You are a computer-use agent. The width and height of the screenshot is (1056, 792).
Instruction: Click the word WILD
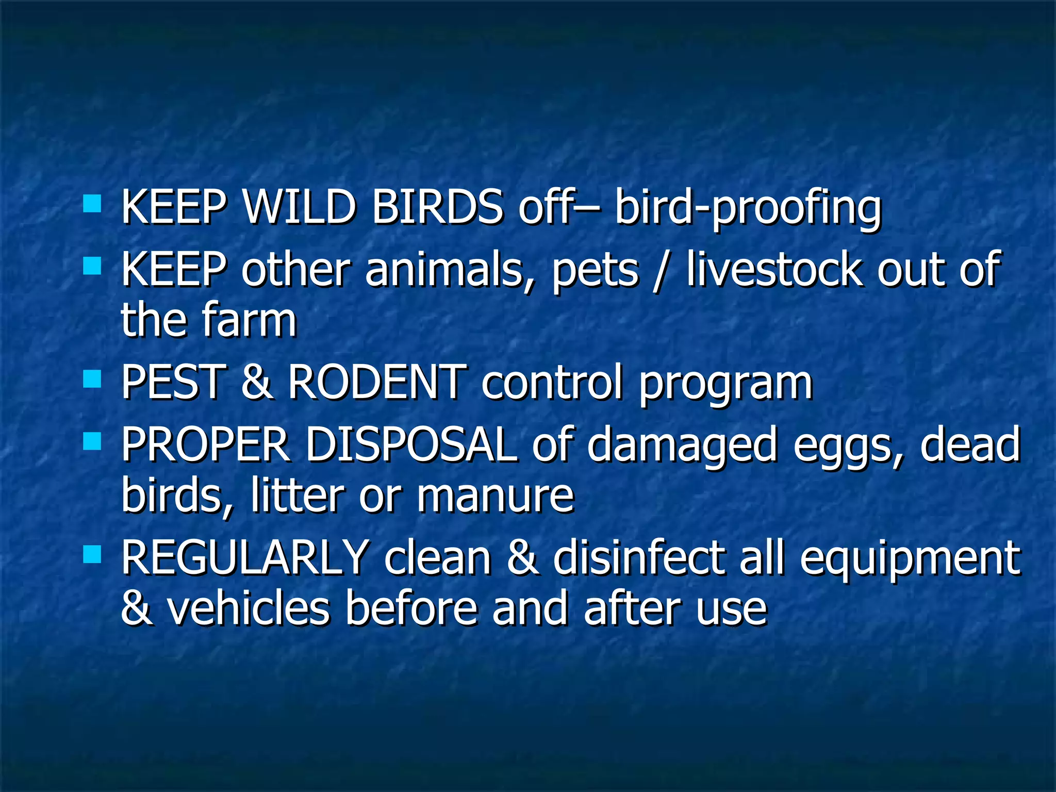pos(299,207)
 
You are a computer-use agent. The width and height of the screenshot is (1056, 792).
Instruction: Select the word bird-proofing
pos(748,209)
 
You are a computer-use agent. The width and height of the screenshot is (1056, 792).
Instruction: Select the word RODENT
pos(377,382)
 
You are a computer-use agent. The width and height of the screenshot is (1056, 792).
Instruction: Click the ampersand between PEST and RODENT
pos(256,382)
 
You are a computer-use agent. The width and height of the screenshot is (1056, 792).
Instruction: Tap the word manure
pos(495,496)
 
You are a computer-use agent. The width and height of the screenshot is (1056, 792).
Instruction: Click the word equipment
pos(910,560)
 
